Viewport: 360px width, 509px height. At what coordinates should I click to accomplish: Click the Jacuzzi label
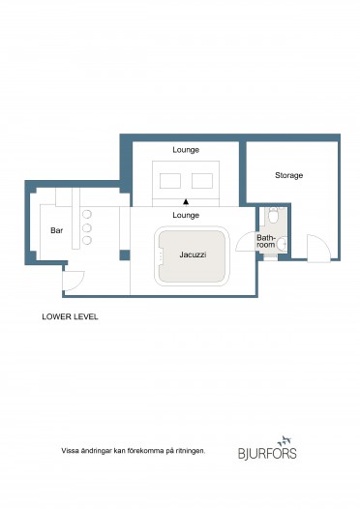coord(193,254)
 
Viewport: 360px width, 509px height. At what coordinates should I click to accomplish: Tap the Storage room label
coord(289,175)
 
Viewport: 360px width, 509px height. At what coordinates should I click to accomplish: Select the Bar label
coord(56,230)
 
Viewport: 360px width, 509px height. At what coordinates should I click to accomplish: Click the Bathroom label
coord(266,242)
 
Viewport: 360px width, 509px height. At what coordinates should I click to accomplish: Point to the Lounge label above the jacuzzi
coord(186,215)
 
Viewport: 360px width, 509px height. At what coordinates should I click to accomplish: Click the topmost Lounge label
coord(186,150)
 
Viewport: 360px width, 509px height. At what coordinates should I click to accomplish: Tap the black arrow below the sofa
coord(186,202)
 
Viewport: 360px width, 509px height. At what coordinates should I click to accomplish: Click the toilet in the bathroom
coord(273,215)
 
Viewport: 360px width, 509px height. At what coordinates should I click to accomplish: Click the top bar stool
coord(87,214)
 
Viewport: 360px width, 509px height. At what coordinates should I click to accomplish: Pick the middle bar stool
coord(87,227)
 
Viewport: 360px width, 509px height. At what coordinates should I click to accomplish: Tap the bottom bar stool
coord(87,241)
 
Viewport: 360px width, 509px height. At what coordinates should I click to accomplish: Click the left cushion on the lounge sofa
coord(170,181)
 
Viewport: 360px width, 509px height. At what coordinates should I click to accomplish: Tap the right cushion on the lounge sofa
coord(202,181)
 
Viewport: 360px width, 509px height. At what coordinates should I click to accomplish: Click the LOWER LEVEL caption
coord(70,316)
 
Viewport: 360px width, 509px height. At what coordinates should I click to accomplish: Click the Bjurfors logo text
coord(267,453)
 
